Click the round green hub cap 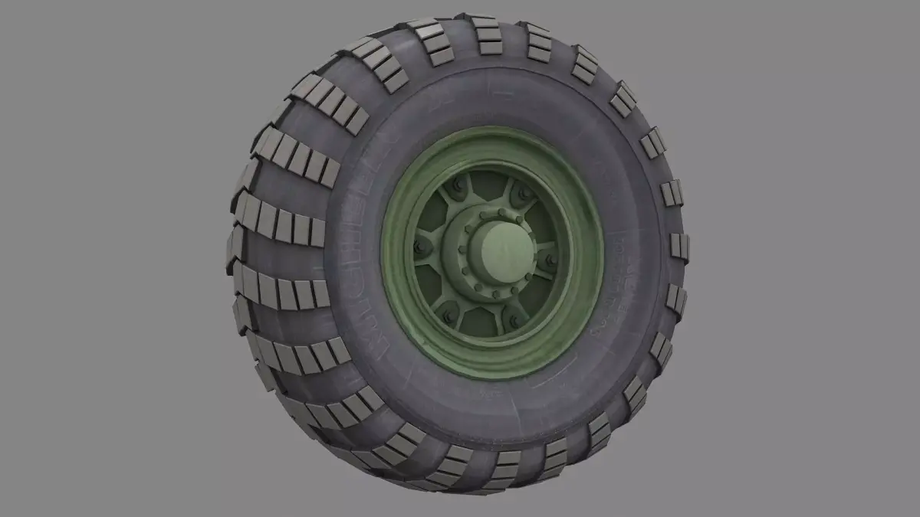(497, 249)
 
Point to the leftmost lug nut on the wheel (419, 247)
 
